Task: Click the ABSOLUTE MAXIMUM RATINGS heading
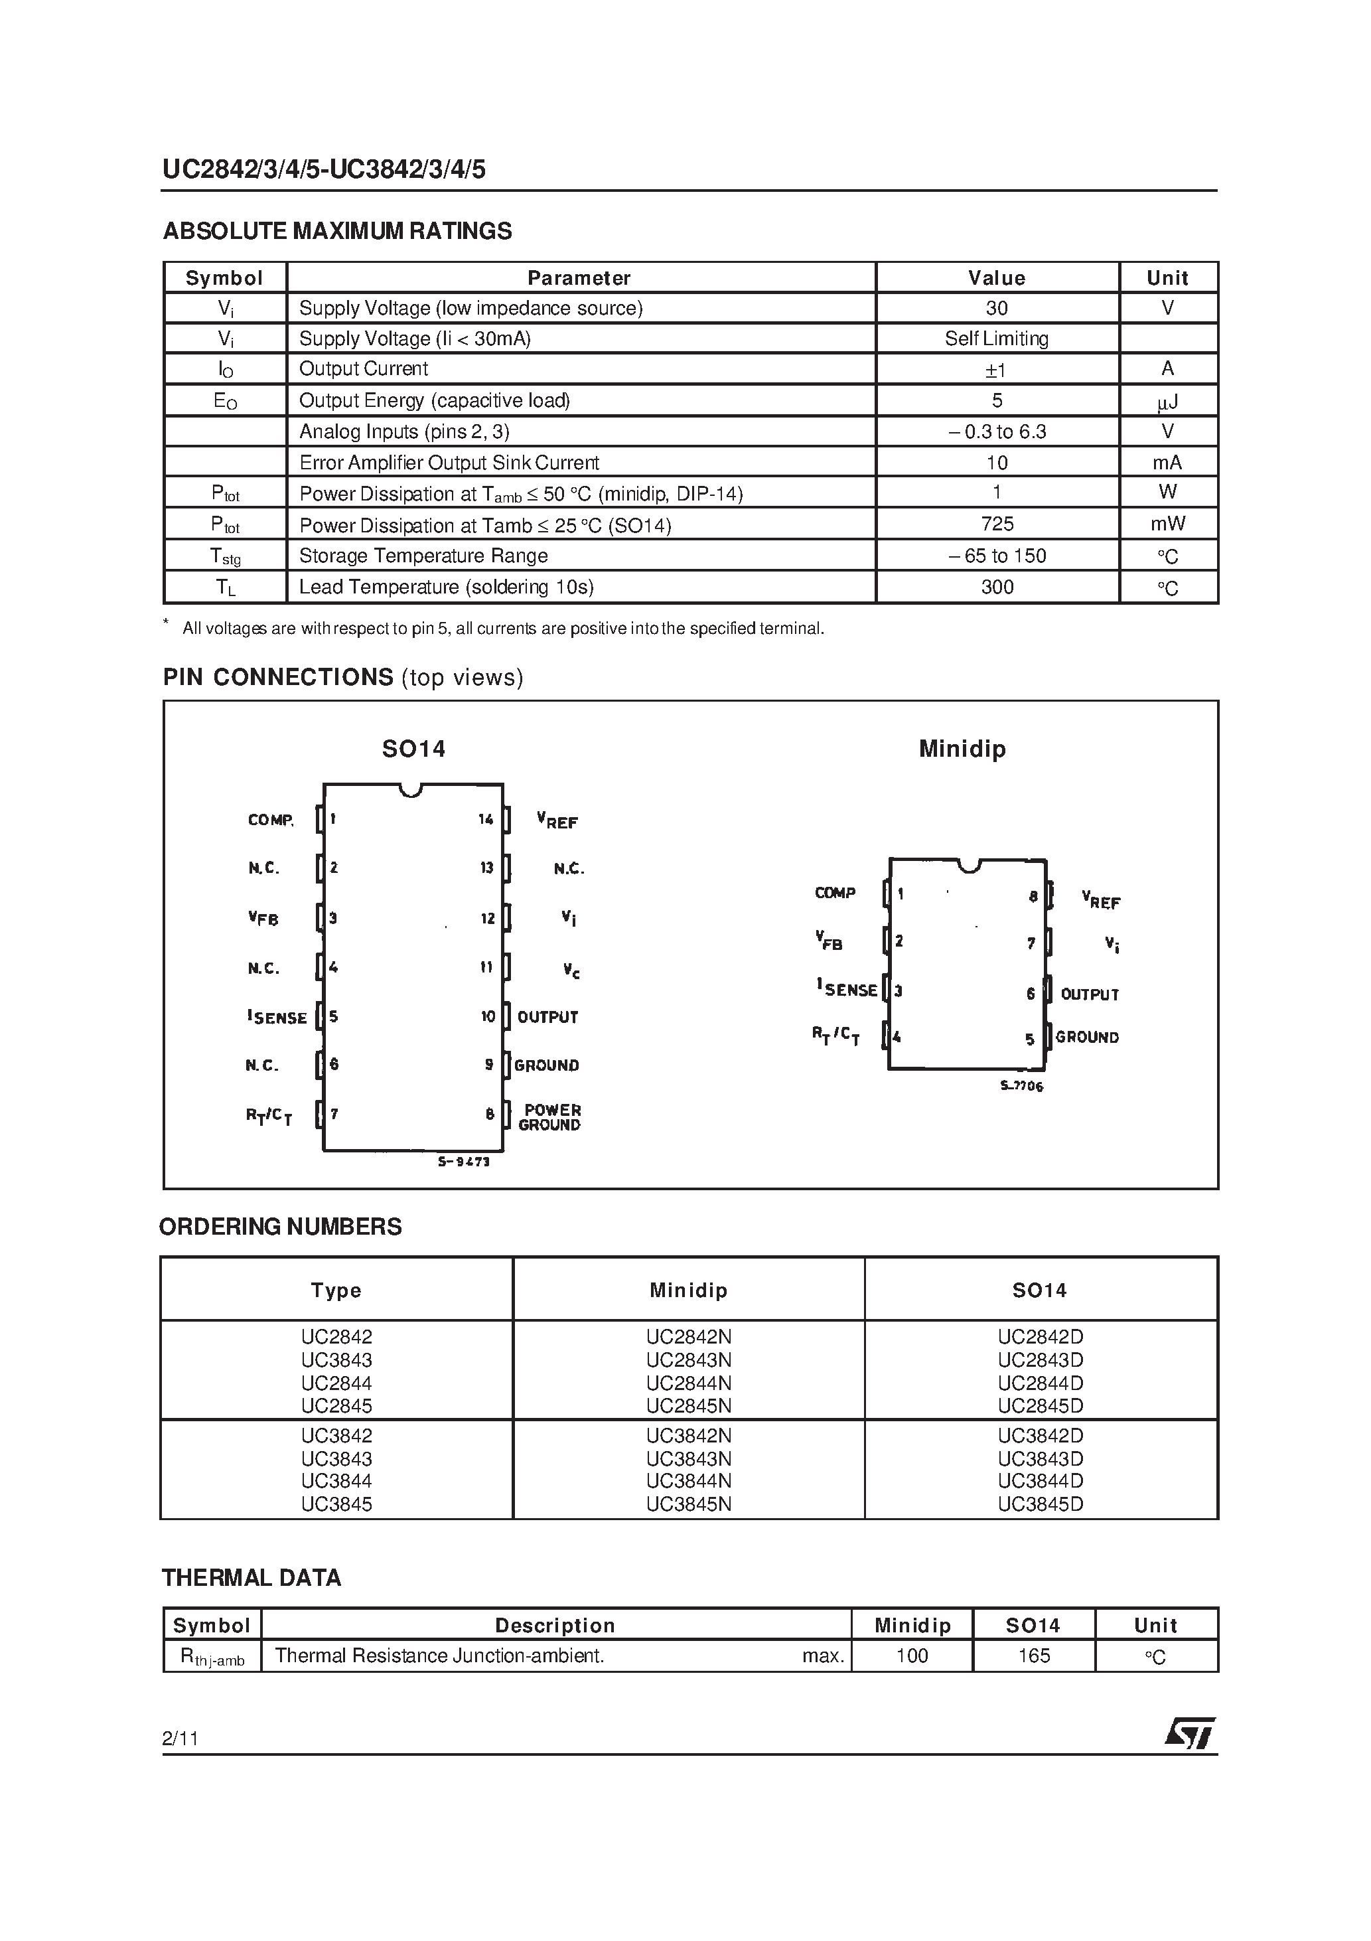(x=337, y=231)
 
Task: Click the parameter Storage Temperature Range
(x=423, y=556)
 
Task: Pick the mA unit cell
(x=1167, y=463)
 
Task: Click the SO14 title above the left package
(x=413, y=748)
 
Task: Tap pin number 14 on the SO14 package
(x=485, y=818)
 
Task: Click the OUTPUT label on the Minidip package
(x=1090, y=994)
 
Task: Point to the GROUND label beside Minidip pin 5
(x=1087, y=1038)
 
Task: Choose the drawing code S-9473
(x=463, y=1162)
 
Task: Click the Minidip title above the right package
(x=962, y=748)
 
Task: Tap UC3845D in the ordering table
(x=1040, y=1504)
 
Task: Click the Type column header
(x=336, y=1290)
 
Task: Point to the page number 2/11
(x=180, y=1738)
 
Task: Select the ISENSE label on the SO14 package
(x=277, y=1017)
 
